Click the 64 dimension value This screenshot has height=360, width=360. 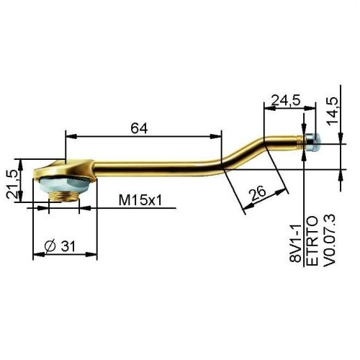click(139, 128)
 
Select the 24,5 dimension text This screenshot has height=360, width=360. click(286, 100)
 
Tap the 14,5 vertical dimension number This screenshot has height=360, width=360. click(332, 111)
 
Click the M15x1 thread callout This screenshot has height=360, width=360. click(140, 200)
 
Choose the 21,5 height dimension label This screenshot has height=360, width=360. click(12, 184)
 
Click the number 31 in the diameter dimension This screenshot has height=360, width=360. click(68, 246)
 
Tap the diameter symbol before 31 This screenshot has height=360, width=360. click(50, 246)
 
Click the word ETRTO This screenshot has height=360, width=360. click(312, 240)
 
